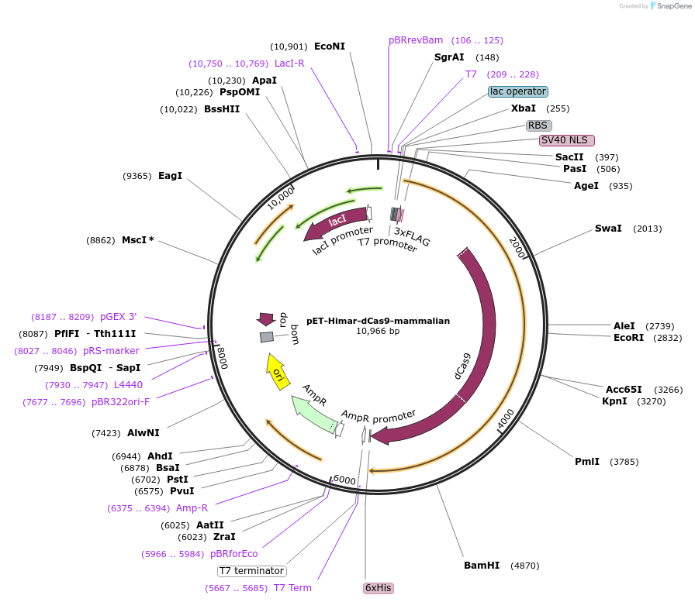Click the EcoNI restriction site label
click(x=330, y=46)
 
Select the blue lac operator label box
click(x=518, y=91)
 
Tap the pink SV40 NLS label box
click(x=567, y=140)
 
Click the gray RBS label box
click(x=538, y=125)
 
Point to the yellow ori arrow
click(x=276, y=370)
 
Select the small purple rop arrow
click(x=266, y=318)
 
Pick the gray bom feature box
click(x=267, y=337)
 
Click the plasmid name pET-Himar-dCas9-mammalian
click(x=378, y=320)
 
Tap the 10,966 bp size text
click(x=378, y=331)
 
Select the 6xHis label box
click(x=379, y=588)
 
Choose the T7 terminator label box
click(x=251, y=571)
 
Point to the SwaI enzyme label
click(x=608, y=229)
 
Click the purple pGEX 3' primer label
click(x=118, y=317)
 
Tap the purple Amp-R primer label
click(x=192, y=508)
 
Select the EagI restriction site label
click(x=170, y=176)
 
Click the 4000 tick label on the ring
click(x=505, y=419)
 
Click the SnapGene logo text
click(x=671, y=6)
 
